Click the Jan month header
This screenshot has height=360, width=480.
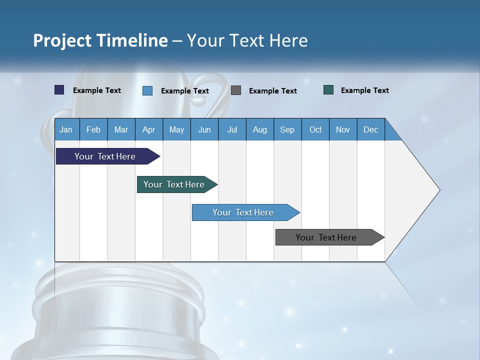point(66,129)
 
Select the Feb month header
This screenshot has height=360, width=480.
point(93,129)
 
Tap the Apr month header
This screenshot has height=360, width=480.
point(148,129)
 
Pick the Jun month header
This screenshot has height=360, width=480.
point(204,129)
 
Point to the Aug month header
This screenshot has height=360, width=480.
point(259,129)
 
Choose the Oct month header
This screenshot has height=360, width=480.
point(315,129)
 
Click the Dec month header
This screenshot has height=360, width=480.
point(370,129)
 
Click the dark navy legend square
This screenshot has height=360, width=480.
point(59,90)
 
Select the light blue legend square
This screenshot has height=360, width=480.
point(147,90)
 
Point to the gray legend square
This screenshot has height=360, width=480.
point(236,90)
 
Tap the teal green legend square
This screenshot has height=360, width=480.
point(328,90)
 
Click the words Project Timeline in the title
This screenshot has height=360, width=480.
point(100,40)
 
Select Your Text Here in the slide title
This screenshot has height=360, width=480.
point(247,40)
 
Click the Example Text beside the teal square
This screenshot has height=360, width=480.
point(364,90)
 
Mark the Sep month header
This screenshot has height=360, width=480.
point(287,129)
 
